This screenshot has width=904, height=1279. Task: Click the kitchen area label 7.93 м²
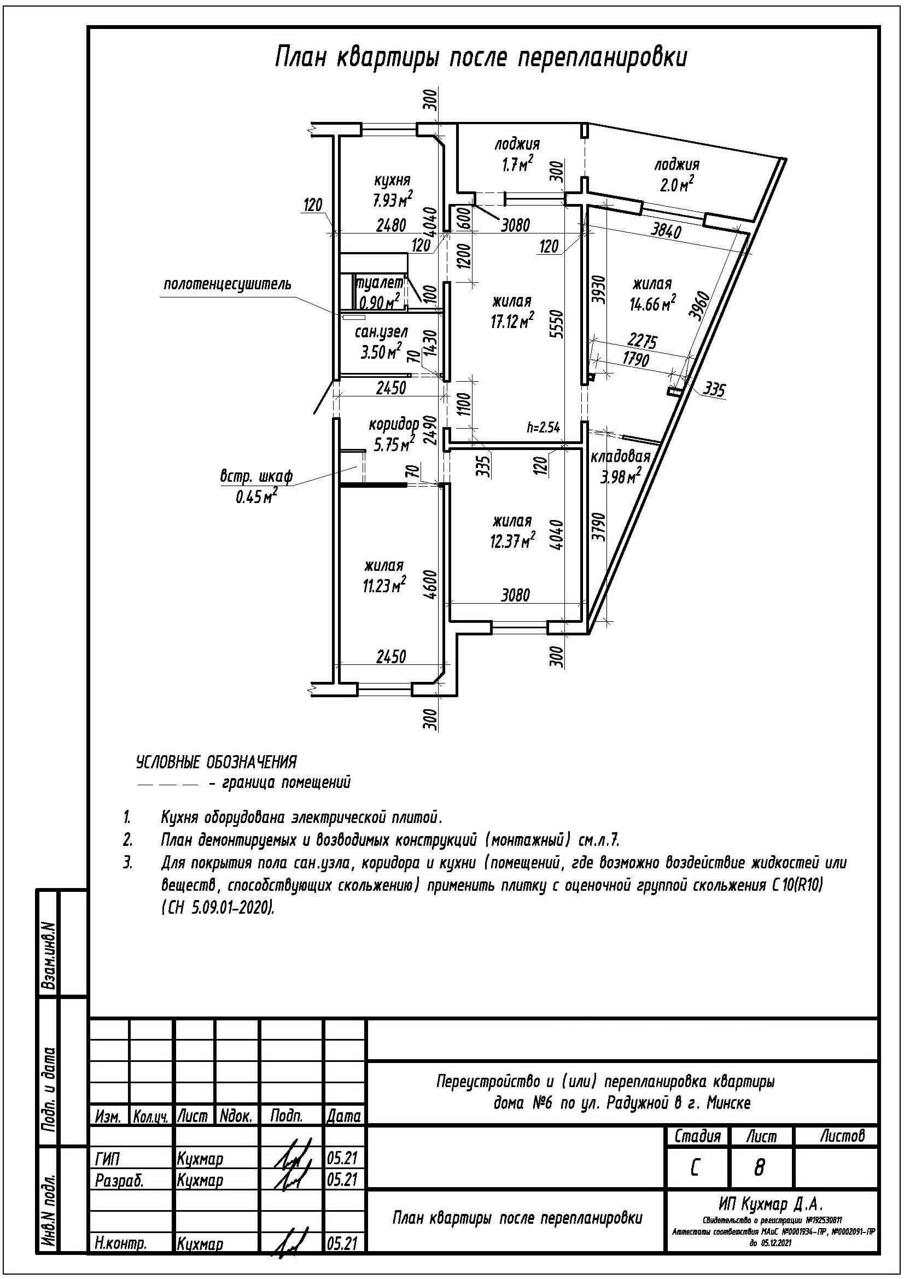393,199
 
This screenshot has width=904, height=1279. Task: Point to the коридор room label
393,424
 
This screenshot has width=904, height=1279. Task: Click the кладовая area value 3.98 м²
620,476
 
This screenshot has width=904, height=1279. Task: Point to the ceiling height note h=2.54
543,427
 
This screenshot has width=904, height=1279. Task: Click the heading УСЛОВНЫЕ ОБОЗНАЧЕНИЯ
217,762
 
